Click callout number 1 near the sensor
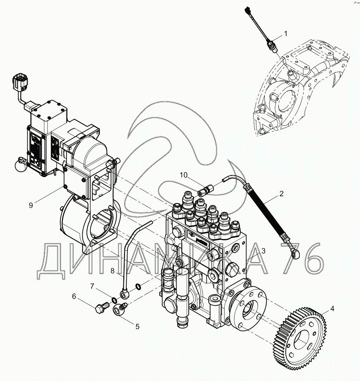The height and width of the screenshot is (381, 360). (285, 34)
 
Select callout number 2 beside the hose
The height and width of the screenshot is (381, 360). (281, 193)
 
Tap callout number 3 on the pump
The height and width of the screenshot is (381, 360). (263, 251)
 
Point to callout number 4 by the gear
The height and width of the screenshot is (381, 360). (332, 309)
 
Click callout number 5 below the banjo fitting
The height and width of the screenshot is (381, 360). (137, 326)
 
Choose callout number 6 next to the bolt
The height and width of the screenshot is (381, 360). (74, 296)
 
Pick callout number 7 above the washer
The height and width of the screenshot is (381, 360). (92, 286)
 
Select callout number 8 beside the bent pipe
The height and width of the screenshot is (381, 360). (113, 270)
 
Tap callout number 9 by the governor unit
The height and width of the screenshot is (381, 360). (31, 205)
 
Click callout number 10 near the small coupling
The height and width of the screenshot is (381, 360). (184, 175)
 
